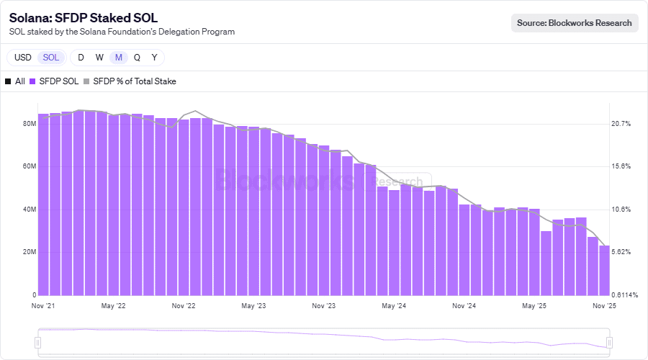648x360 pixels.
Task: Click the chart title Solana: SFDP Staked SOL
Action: tap(84, 18)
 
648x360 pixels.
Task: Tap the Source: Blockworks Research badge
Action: tap(575, 23)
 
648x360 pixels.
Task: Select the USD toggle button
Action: tap(22, 58)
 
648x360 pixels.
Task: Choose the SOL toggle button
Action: tap(51, 58)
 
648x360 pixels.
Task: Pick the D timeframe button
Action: tap(81, 58)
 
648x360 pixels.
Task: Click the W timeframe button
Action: tap(99, 58)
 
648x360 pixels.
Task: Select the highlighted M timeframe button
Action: tap(119, 58)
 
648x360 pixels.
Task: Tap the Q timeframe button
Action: tap(137, 58)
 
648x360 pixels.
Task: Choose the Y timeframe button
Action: tap(154, 58)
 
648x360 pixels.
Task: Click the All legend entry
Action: tap(15, 81)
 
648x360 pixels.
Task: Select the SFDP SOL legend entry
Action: tap(54, 81)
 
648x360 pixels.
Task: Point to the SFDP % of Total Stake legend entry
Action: tap(130, 81)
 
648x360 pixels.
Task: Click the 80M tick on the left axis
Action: tap(30, 124)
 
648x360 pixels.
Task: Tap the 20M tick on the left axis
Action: tap(30, 252)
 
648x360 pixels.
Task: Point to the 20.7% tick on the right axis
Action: tap(621, 124)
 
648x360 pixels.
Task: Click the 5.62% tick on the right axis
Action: tap(621, 252)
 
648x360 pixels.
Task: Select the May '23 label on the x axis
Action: tap(254, 306)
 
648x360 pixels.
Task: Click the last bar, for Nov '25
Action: tap(604, 270)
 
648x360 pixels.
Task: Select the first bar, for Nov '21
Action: tap(43, 204)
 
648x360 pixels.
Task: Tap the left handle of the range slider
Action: tap(39, 342)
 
